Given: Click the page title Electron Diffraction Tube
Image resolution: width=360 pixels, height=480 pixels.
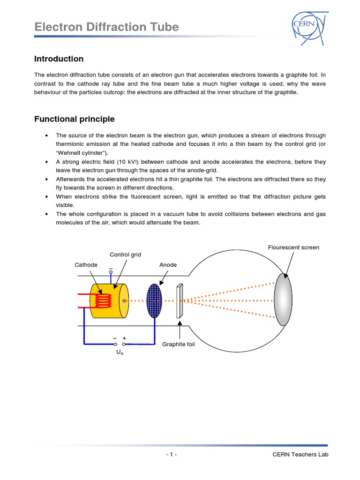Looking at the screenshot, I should click(x=106, y=27).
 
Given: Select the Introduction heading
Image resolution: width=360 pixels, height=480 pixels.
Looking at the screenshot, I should click(x=59, y=59).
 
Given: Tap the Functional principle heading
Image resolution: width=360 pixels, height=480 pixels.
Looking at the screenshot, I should click(x=74, y=119).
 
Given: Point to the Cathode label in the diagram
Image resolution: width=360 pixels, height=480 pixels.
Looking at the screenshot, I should click(x=86, y=265).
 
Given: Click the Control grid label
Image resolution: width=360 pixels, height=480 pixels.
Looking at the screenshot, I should click(x=125, y=255).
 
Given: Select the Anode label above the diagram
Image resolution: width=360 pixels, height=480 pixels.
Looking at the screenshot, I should click(x=168, y=265).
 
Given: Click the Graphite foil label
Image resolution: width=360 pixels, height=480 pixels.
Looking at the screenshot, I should click(x=178, y=345).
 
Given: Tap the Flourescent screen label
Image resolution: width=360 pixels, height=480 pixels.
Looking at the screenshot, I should click(x=293, y=247).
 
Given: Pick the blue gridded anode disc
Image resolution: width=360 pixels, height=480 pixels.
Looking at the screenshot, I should click(x=154, y=300).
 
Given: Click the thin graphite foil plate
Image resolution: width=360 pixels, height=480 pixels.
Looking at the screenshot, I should click(x=179, y=301).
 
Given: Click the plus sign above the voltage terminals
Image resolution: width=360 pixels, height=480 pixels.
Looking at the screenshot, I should click(x=124, y=338).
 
